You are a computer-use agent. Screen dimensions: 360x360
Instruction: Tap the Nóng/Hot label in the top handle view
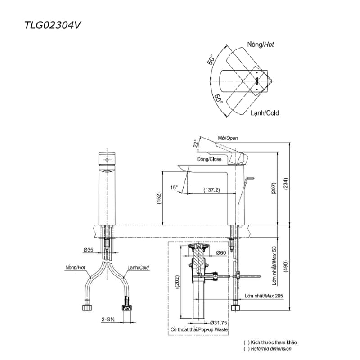pos(260,45)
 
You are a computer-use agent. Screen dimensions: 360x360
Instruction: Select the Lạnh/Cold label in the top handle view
pos(264,113)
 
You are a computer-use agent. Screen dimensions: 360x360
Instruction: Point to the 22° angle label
pos(196,144)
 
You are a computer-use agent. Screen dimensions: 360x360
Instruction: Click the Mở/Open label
pos(228,138)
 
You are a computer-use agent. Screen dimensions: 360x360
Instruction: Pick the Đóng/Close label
pos(209,159)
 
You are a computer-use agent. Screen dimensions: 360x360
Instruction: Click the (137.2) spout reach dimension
pos(211,190)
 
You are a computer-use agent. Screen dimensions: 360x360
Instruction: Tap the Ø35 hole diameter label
pos(88,249)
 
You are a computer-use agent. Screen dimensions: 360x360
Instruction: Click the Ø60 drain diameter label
pos(220,252)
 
